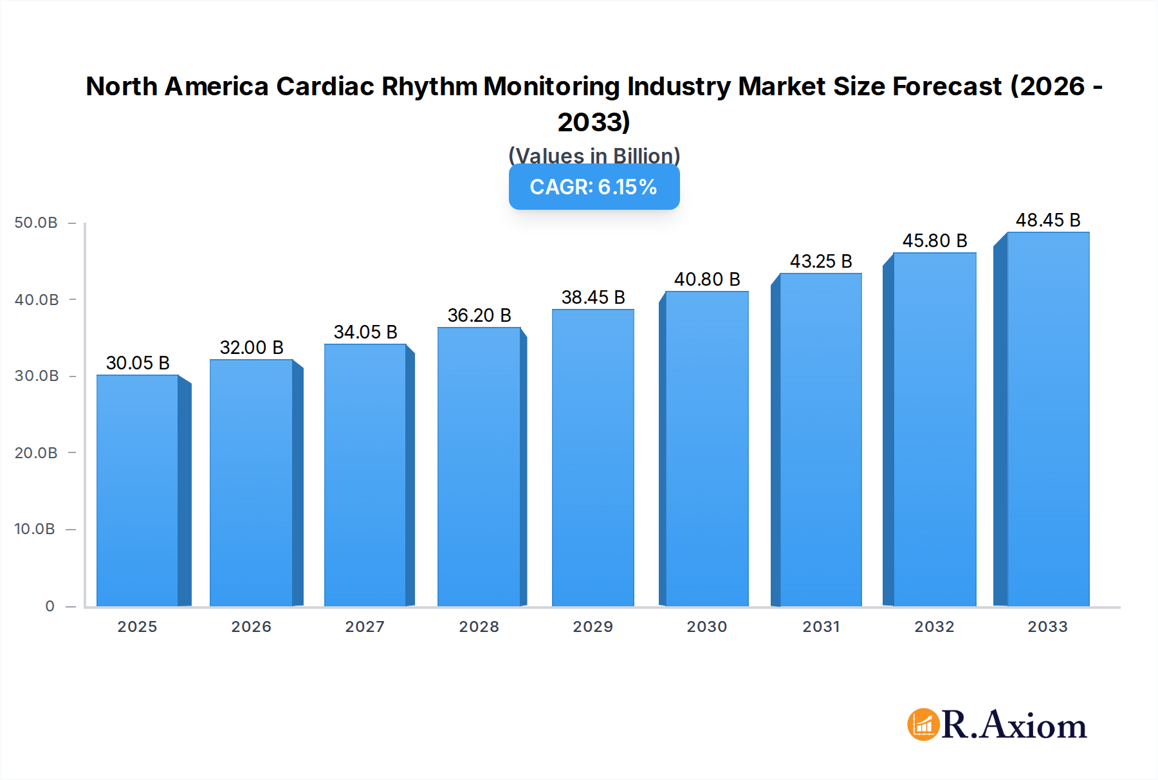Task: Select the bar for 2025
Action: click(138, 490)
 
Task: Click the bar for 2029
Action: click(593, 458)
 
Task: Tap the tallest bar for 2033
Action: click(1047, 419)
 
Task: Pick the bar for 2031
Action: click(820, 440)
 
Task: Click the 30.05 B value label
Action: click(138, 363)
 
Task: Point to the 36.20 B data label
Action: click(479, 315)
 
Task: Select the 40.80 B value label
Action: click(707, 279)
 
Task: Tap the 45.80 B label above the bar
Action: click(935, 241)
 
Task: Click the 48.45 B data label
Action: click(1048, 220)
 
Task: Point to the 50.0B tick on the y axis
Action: click(36, 223)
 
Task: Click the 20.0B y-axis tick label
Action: click(36, 453)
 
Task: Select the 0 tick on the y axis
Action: click(50, 606)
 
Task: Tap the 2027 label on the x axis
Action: click(365, 627)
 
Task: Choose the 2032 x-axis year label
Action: click(934, 627)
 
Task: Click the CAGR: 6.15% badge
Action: click(594, 187)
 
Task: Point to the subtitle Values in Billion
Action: click(594, 155)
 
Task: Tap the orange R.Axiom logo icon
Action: click(923, 725)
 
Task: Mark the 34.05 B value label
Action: click(365, 332)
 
